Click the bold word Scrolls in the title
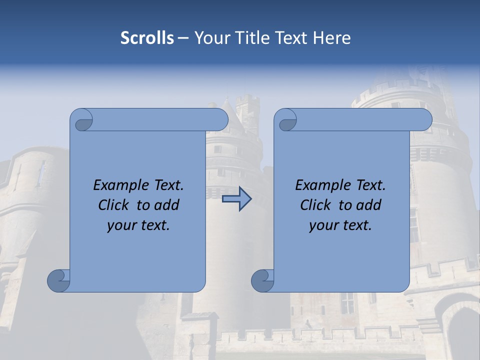tap(147, 38)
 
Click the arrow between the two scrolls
tap(236, 199)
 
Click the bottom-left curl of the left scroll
tap(58, 281)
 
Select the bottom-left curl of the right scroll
tap(262, 281)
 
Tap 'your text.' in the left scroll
tap(138, 225)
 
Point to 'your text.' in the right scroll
tap(340, 225)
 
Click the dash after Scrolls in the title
tap(183, 38)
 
